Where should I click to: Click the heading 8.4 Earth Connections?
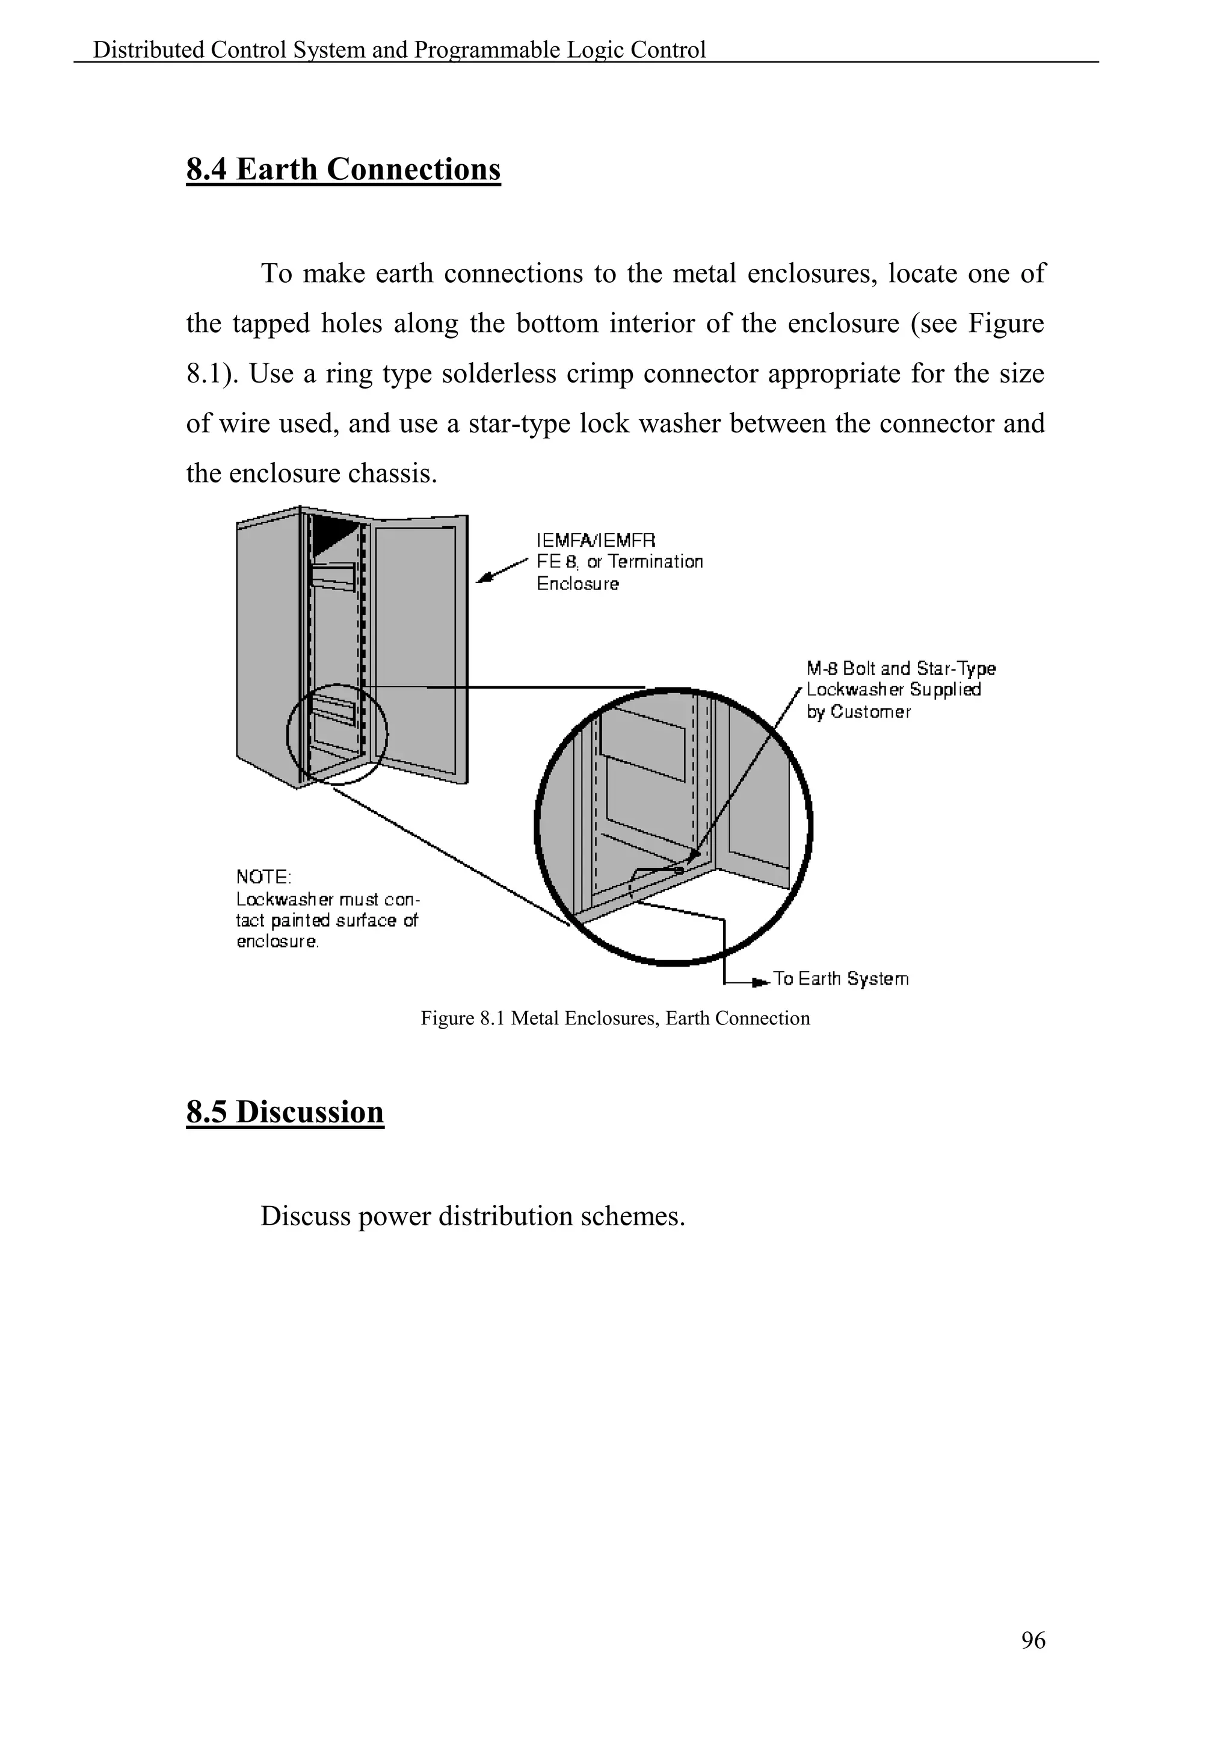click(x=343, y=169)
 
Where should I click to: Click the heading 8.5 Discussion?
click(x=285, y=1112)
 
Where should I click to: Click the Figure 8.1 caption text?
click(x=615, y=1018)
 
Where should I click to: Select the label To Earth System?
click(x=840, y=979)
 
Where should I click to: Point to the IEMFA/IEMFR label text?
click(x=596, y=540)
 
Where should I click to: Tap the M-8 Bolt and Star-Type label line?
click(x=901, y=668)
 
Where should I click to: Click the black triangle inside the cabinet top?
click(x=331, y=534)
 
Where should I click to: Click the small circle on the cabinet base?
click(x=337, y=734)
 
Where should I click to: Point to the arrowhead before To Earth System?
click(x=758, y=982)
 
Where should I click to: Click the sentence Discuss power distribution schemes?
click(x=473, y=1216)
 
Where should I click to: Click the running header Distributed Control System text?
click(x=399, y=50)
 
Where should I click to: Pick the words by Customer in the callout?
click(x=858, y=712)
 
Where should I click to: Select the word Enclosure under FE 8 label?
click(x=577, y=583)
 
